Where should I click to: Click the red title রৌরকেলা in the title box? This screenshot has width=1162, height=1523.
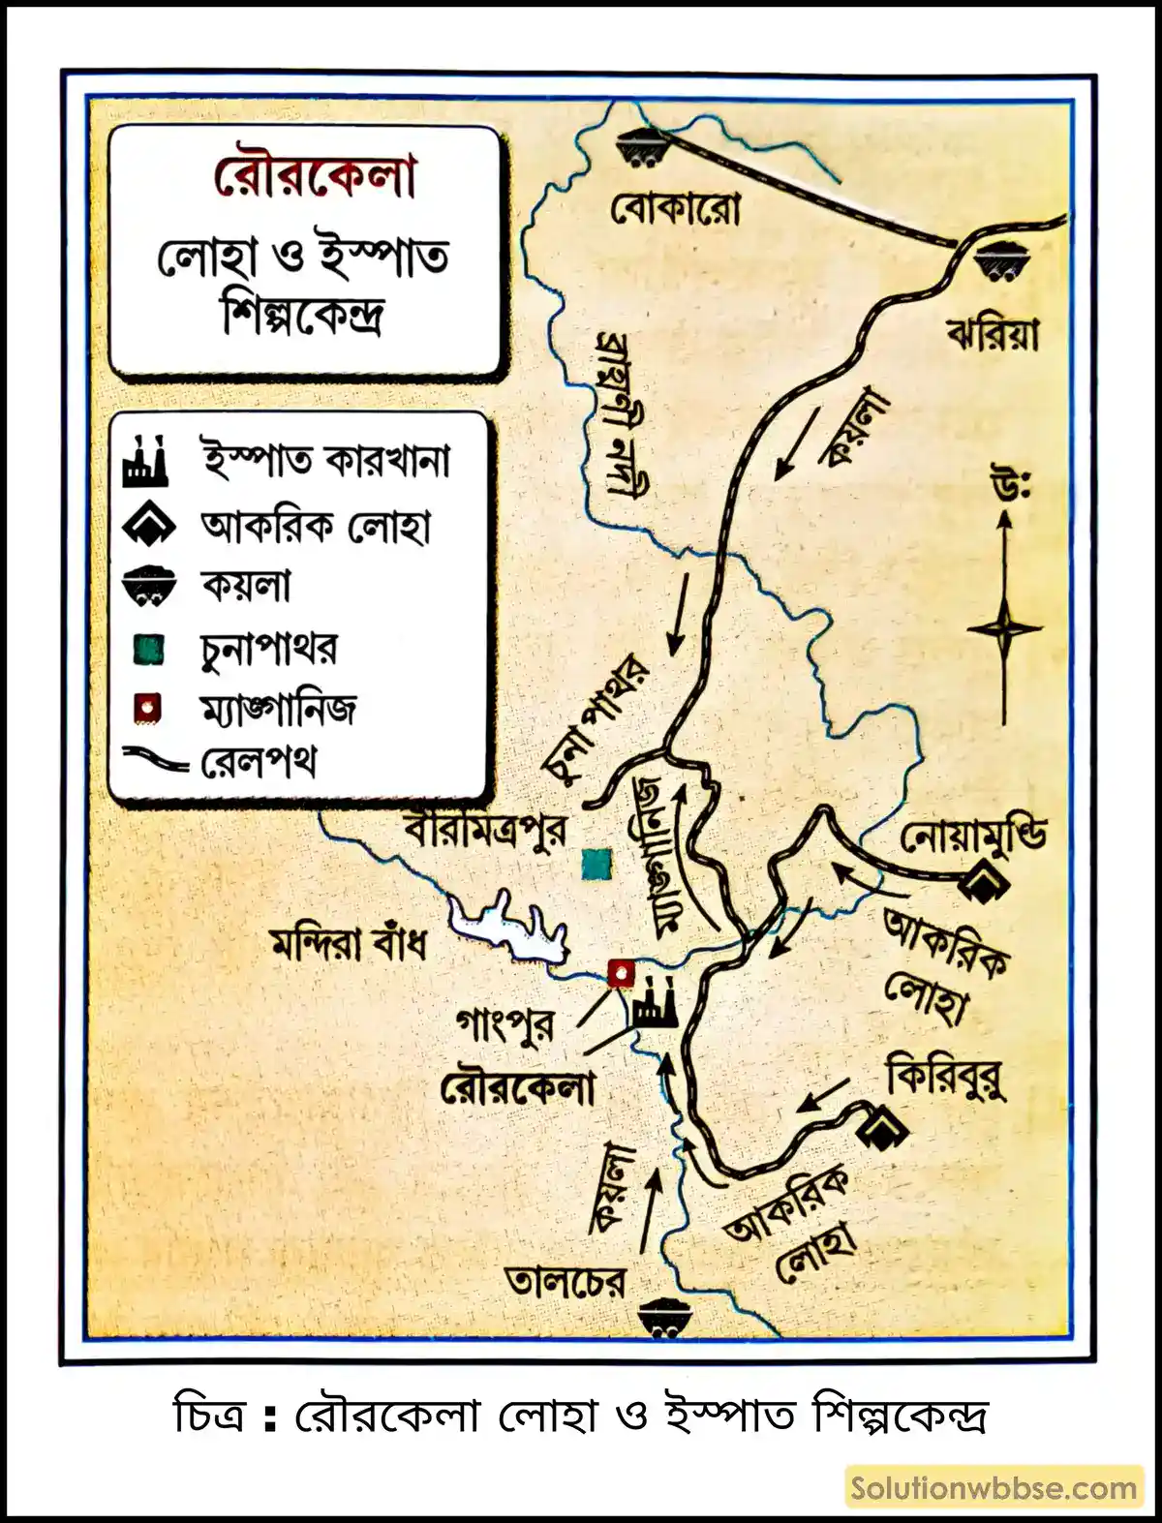coord(315,177)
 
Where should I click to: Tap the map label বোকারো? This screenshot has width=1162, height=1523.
coord(675,208)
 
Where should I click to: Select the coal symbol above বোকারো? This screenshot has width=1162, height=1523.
coord(641,146)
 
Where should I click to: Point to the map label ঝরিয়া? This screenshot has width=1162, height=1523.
coord(994,334)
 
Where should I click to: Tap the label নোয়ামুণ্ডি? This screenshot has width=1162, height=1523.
coord(973,838)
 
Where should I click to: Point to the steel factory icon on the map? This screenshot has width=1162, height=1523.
coord(654,1003)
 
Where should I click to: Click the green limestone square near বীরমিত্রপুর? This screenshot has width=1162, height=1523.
coord(597,864)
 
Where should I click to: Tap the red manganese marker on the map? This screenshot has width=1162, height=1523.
coord(619,971)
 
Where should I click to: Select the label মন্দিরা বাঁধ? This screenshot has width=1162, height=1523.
coord(349,942)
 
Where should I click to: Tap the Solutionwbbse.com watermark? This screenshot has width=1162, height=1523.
coord(994,1488)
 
